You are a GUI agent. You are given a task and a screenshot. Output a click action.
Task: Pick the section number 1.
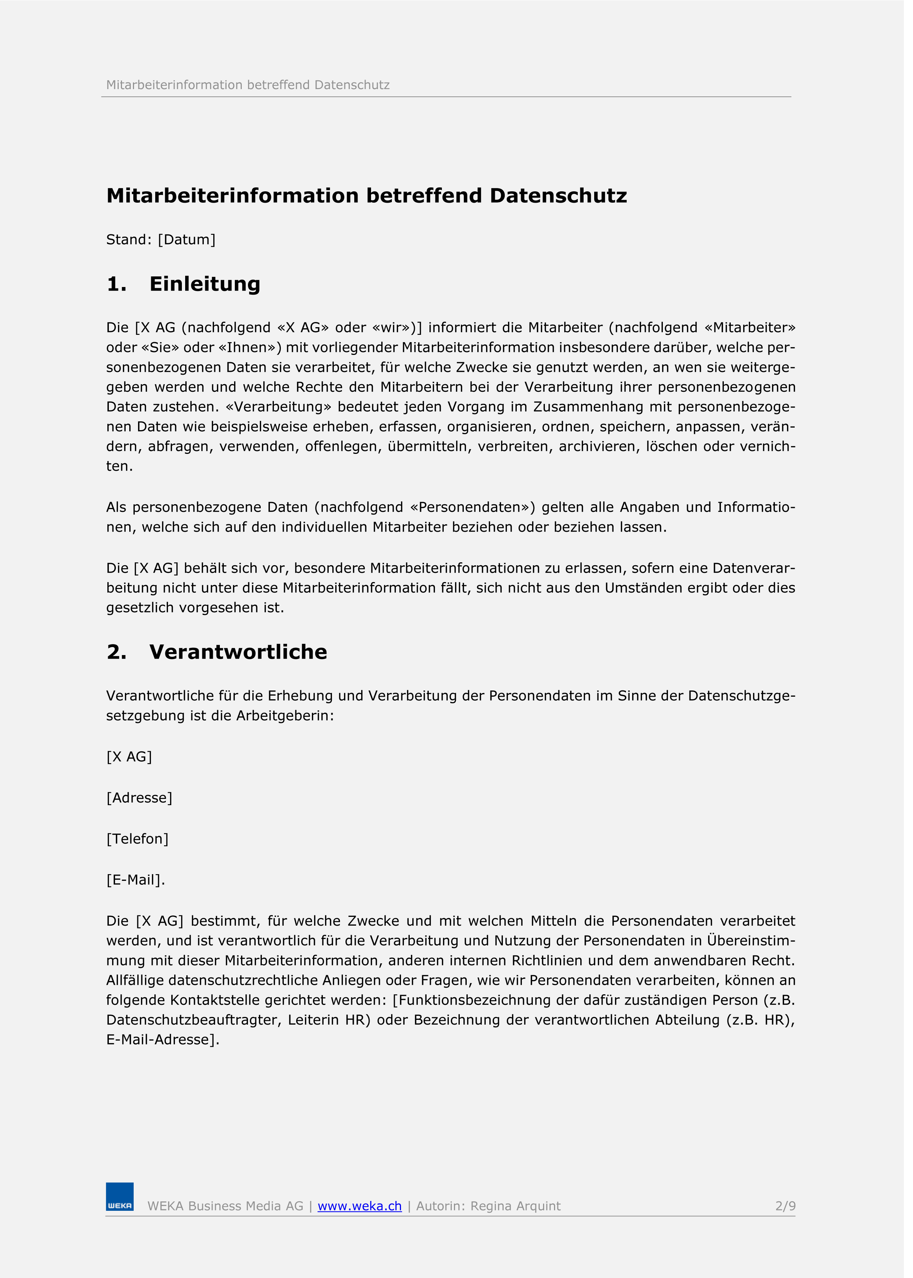point(116,284)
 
